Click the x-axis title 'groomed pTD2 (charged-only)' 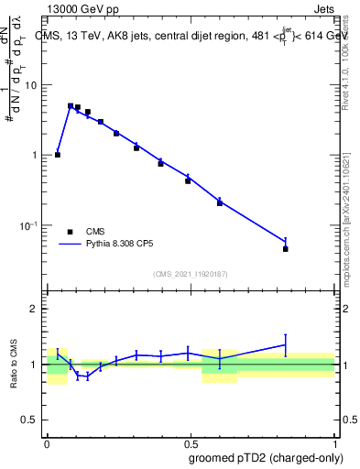click(x=266, y=457)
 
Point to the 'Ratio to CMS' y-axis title click(x=15, y=365)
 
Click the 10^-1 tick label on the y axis click(x=31, y=225)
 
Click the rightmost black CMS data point click(x=286, y=248)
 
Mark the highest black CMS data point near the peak click(x=71, y=106)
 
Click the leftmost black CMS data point click(x=58, y=155)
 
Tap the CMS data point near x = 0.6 click(x=220, y=202)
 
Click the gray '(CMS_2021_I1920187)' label click(x=191, y=274)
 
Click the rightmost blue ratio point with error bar click(x=286, y=344)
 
